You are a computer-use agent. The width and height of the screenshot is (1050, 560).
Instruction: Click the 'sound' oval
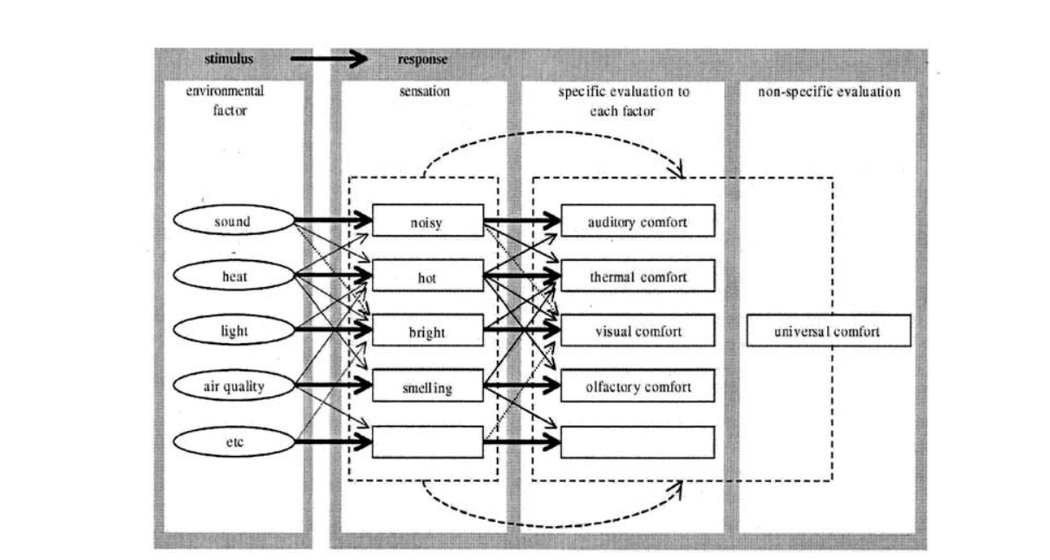point(232,221)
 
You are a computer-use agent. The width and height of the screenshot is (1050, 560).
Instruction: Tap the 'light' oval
point(232,330)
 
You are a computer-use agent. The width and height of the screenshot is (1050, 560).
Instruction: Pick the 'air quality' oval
point(232,386)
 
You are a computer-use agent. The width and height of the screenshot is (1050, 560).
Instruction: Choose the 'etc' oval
point(232,442)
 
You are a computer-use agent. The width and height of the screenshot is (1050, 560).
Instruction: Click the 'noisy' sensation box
point(427,221)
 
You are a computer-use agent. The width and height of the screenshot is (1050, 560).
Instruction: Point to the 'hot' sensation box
point(427,277)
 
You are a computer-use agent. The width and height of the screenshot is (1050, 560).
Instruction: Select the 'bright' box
point(427,331)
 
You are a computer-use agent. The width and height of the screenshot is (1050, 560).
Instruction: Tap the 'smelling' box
point(427,387)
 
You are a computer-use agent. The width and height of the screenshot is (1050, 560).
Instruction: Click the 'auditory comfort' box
point(637,221)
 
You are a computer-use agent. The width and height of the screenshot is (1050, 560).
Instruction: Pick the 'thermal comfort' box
point(637,277)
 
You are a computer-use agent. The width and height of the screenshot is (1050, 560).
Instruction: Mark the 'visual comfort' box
point(637,331)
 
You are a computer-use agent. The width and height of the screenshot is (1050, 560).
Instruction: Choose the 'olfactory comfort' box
point(637,387)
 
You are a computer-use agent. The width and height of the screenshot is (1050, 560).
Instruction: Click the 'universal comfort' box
point(827,331)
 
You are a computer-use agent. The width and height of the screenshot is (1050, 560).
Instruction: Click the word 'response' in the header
point(422,60)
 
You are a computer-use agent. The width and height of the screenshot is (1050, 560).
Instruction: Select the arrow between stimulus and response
point(329,60)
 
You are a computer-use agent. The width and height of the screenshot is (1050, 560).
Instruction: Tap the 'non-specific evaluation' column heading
point(829,91)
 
